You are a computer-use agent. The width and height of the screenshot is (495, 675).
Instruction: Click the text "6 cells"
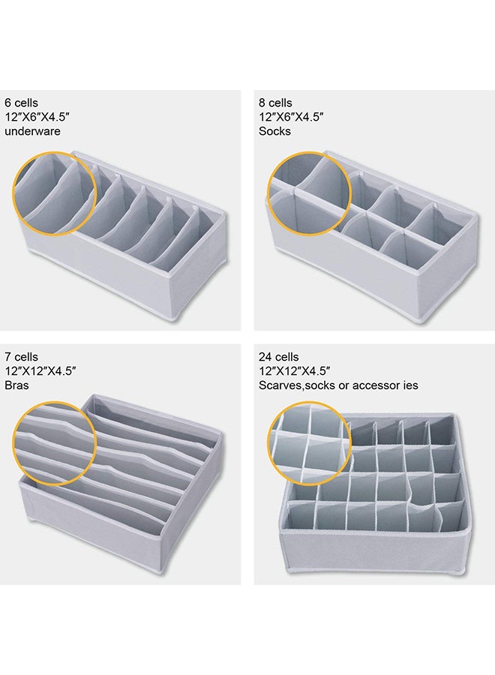[x=22, y=103]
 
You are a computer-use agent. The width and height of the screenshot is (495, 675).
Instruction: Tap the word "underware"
[x=32, y=131]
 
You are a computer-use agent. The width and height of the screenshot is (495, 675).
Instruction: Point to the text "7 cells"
[x=21, y=357]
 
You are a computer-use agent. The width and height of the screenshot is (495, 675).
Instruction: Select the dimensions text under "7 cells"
[x=41, y=371]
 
